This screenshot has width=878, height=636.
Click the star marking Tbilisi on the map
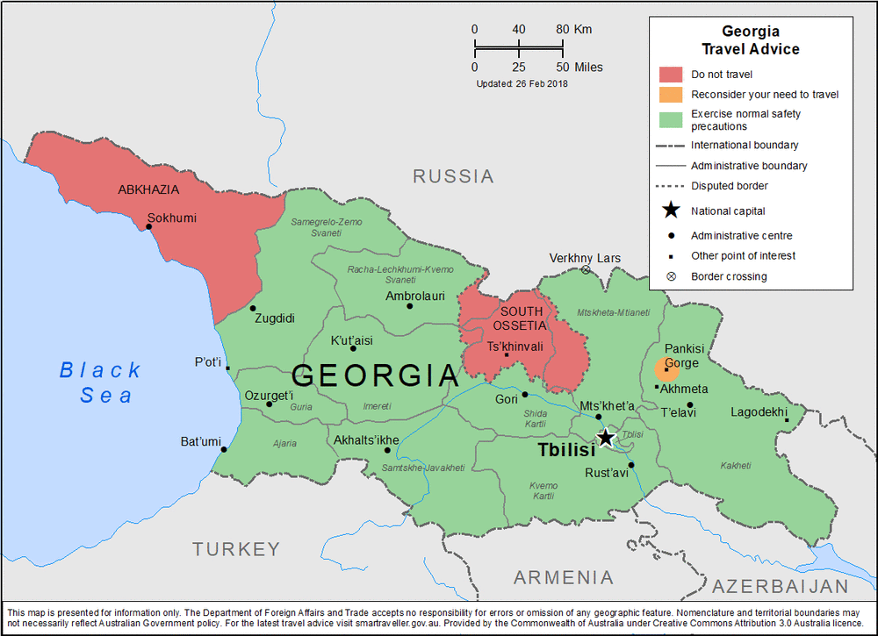(606, 437)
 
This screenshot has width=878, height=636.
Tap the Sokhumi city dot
(149, 226)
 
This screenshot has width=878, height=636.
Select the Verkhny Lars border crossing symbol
(586, 270)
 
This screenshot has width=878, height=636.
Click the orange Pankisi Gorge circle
(666, 369)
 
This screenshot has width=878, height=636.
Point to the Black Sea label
(100, 382)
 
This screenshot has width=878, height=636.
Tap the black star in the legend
(671, 211)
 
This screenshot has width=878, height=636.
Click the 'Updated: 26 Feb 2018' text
(522, 84)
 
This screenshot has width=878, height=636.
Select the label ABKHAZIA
(148, 189)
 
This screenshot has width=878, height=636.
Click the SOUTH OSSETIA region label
(522, 318)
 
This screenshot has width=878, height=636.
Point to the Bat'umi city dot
(224, 450)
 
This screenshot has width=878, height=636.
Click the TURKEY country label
(236, 549)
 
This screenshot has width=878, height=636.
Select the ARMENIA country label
(563, 577)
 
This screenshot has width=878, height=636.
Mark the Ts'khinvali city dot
(507, 354)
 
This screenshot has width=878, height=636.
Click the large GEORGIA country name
(375, 375)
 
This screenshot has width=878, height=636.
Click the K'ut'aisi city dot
(353, 348)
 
